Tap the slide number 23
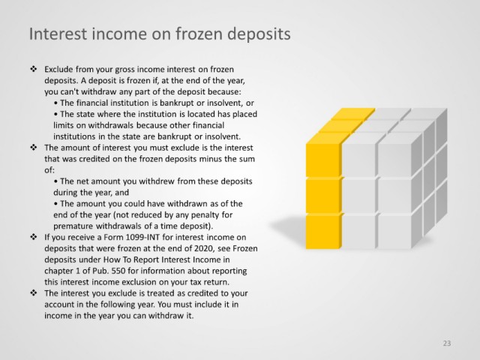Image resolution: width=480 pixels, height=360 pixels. coord(447,343)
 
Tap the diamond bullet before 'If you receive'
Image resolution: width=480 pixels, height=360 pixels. coord(33,237)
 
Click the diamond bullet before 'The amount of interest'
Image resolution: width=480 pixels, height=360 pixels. coord(33,147)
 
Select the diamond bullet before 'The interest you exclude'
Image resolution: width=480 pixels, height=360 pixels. coord(33,293)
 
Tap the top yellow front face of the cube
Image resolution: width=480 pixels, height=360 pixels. coord(323,160)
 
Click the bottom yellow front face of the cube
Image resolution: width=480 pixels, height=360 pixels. coord(323,232)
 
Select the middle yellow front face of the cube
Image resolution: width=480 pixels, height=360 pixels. coord(323,196)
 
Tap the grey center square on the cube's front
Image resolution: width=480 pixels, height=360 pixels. coord(358,196)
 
